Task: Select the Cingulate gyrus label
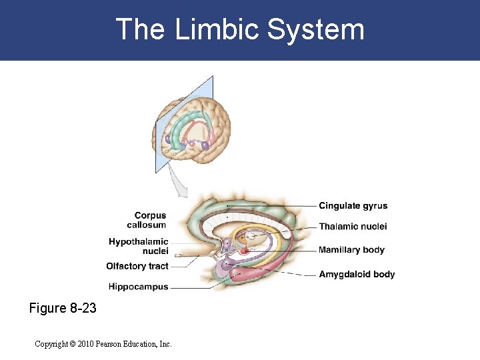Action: click(353, 206)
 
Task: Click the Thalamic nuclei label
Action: click(353, 227)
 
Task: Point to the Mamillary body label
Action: click(351, 250)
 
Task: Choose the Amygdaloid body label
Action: click(357, 274)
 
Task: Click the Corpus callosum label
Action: click(150, 220)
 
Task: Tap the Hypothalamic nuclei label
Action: click(139, 246)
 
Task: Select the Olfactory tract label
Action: click(137, 266)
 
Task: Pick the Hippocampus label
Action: click(138, 287)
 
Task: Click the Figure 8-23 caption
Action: click(63, 309)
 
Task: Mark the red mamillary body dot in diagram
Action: click(245, 251)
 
